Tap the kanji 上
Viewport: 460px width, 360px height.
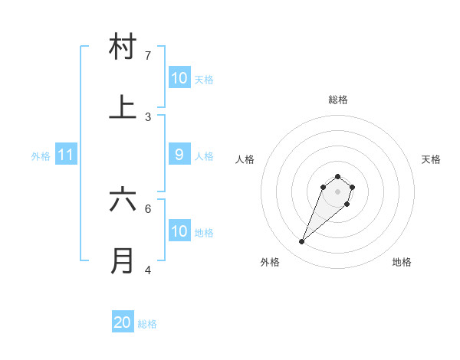pyautogui.click(x=123, y=107)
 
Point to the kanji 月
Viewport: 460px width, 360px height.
pyautogui.click(x=123, y=260)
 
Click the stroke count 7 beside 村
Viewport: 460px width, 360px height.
pyautogui.click(x=148, y=56)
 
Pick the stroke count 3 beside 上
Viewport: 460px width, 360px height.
pyautogui.click(x=148, y=117)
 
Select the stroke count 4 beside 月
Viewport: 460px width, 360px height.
pyautogui.click(x=148, y=270)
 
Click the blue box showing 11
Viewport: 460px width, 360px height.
pyautogui.click(x=65, y=155)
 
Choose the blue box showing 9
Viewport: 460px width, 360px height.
pyautogui.click(x=179, y=155)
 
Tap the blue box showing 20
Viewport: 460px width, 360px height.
pyautogui.click(x=123, y=322)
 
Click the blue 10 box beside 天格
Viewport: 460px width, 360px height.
pyautogui.click(x=179, y=78)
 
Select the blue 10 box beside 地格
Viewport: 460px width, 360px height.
pyautogui.click(x=179, y=231)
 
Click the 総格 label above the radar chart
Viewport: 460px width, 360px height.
pyautogui.click(x=338, y=100)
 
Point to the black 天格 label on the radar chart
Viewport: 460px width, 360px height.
pyautogui.click(x=431, y=159)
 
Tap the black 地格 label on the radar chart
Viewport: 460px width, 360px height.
pyautogui.click(x=402, y=263)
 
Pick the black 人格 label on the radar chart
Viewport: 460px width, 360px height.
pyautogui.click(x=245, y=159)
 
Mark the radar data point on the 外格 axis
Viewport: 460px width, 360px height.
pyautogui.click(x=302, y=242)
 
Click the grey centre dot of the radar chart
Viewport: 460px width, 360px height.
pyautogui.click(x=337, y=191)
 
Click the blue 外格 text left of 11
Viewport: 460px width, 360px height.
pyautogui.click(x=41, y=156)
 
